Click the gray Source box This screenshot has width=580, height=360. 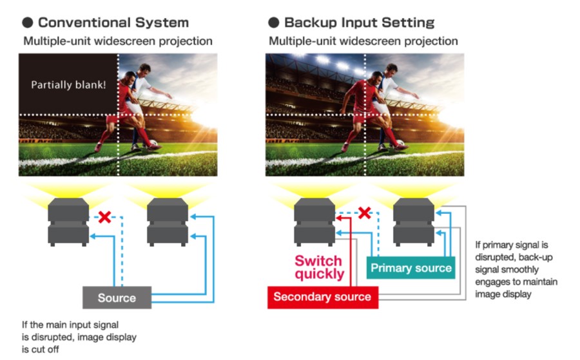117,298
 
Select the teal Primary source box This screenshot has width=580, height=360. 411,268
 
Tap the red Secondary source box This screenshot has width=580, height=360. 323,297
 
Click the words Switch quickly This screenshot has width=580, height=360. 319,267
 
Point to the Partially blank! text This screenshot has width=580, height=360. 68,85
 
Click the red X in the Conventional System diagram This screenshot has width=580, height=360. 104,216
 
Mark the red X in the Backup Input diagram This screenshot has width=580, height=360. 365,213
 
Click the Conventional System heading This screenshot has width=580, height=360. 113,23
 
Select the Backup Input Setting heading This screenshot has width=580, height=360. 359,23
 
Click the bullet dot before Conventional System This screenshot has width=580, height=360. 27,23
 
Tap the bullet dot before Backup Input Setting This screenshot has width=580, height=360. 274,23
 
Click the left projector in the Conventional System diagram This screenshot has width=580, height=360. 68,222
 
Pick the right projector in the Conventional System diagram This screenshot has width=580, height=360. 168,222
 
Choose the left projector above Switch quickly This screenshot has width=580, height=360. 314,222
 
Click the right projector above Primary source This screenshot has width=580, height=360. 414,222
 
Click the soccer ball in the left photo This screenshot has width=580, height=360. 153,142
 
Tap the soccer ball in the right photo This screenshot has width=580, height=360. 400,142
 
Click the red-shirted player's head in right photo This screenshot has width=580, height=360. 376,77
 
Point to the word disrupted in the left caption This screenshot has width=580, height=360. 53,337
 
